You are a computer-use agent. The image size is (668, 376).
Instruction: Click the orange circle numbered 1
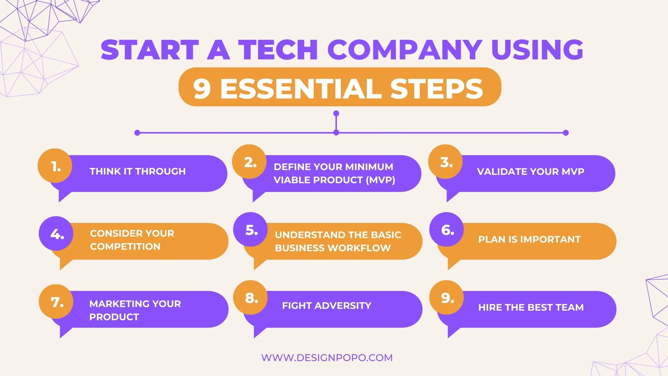(x=55, y=166)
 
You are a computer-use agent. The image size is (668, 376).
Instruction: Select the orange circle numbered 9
(x=446, y=298)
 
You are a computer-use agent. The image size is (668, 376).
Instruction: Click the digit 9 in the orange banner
(x=202, y=89)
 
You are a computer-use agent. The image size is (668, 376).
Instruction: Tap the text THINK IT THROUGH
(x=137, y=171)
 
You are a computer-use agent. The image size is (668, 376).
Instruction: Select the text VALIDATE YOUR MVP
(x=530, y=172)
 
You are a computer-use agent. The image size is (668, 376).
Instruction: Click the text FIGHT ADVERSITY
(x=327, y=306)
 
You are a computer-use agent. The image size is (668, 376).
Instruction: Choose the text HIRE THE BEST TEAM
(x=531, y=307)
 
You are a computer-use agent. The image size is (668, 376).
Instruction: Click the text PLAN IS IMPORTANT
(x=529, y=239)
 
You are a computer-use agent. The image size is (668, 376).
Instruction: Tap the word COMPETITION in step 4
(x=125, y=246)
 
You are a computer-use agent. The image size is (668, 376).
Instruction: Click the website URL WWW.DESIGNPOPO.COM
(x=327, y=357)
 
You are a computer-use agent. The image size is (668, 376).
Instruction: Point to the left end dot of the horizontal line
(x=137, y=133)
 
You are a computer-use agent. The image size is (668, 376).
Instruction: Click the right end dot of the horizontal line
(x=566, y=133)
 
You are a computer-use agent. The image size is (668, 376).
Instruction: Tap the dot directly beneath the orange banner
(x=336, y=113)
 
